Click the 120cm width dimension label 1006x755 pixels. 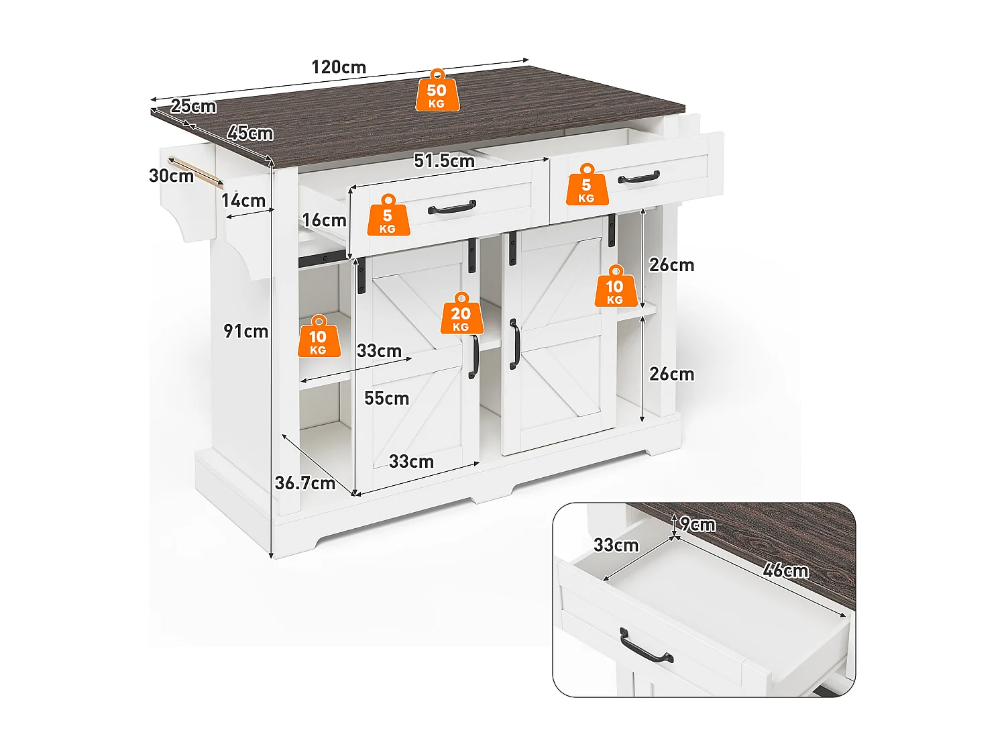point(339,67)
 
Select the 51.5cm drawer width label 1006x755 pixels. point(444,161)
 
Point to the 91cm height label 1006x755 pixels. point(245,332)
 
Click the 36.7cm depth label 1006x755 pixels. point(305,483)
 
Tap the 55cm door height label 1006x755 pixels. point(386,399)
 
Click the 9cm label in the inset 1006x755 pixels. point(698,525)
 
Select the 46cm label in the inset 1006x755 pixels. point(785,570)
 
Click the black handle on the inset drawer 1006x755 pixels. point(645,648)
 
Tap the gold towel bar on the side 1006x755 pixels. point(194,171)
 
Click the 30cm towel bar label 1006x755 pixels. point(171,176)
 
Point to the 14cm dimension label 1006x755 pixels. point(243,201)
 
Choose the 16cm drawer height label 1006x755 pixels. point(324,220)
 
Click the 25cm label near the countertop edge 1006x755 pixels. point(193,106)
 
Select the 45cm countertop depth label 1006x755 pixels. point(250,133)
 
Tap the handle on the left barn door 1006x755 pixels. point(473,356)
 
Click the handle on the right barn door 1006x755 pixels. point(514,344)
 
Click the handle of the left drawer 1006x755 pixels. point(451,208)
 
